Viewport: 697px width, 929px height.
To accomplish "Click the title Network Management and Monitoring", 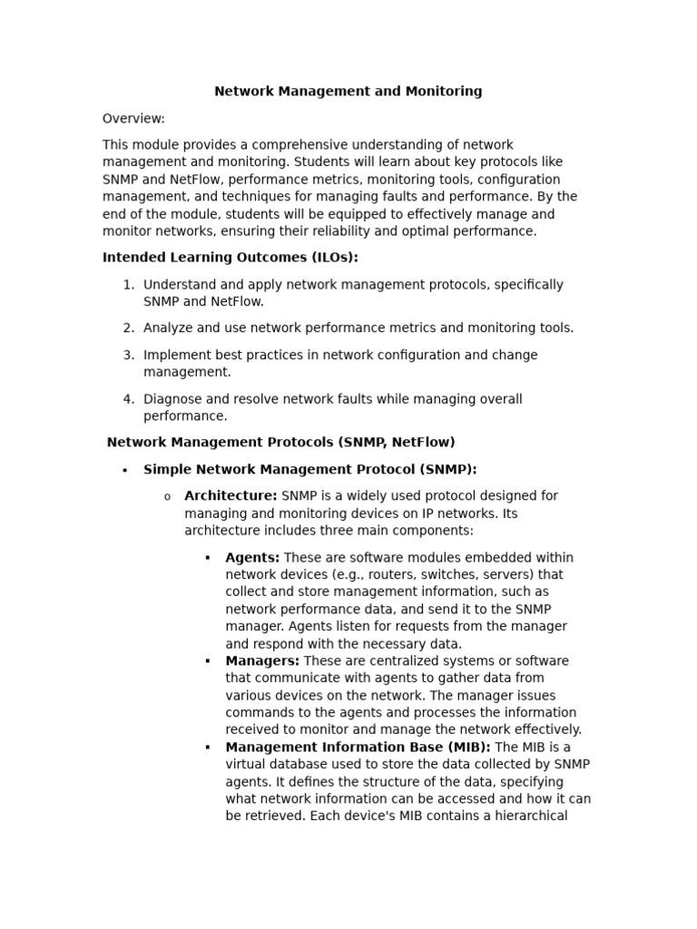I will (x=348, y=92).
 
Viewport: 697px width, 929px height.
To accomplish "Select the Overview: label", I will (x=133, y=119).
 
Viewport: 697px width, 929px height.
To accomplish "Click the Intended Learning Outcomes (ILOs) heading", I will (x=230, y=258).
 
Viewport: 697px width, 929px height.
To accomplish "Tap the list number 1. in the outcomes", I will (x=128, y=285).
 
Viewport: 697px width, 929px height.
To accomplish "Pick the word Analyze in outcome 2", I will (x=167, y=328).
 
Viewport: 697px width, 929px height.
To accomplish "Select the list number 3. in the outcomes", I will (x=128, y=356).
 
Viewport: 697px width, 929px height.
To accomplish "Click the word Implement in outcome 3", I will (x=177, y=356).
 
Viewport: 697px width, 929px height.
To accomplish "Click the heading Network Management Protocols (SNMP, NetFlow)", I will (x=280, y=443).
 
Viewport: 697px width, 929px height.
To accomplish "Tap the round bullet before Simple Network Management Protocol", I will (x=124, y=471).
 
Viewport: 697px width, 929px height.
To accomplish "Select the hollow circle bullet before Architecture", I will (x=167, y=497).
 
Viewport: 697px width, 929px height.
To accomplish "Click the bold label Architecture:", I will (x=231, y=496).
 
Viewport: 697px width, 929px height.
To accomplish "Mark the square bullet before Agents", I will (x=208, y=558).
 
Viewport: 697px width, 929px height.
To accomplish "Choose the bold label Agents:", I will (x=252, y=558).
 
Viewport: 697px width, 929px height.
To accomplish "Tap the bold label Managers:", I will (x=262, y=661).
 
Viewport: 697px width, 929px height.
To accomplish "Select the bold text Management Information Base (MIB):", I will (x=358, y=748).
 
